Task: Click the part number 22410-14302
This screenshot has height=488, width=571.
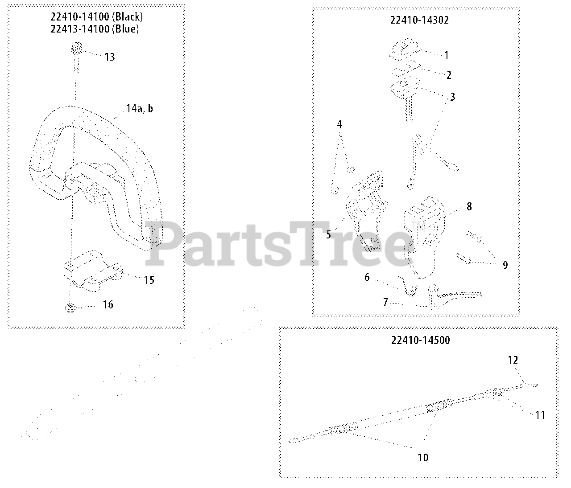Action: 420,20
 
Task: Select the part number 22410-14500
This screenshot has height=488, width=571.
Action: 420,340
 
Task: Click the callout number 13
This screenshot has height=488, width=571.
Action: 110,57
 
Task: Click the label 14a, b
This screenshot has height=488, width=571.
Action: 139,108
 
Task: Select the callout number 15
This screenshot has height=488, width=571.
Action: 149,280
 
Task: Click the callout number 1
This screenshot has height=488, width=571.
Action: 446,56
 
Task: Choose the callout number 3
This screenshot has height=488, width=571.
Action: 452,97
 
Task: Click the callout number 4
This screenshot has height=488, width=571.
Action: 339,125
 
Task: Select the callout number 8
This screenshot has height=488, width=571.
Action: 469,207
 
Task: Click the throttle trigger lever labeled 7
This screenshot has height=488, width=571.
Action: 455,295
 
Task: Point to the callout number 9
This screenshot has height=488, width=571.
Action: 505,265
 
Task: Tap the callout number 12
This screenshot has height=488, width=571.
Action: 513,360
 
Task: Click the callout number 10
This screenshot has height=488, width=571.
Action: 423,457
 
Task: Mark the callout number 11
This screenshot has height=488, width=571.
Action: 540,415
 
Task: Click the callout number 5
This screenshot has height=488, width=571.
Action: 329,234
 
